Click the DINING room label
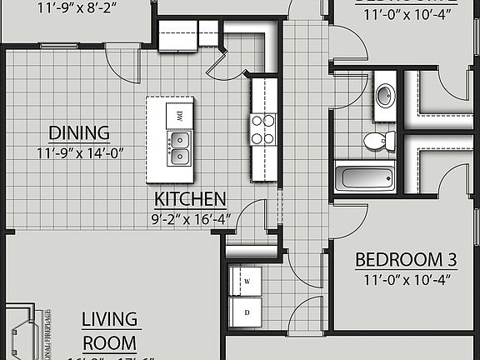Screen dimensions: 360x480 [79, 132]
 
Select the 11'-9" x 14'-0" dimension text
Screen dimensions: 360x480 [79, 152]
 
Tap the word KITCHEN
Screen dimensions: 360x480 [191, 199]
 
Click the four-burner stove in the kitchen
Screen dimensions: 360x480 [263, 130]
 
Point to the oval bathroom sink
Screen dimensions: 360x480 [385, 94]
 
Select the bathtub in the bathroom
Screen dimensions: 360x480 [364, 177]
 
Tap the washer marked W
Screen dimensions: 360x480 [246, 280]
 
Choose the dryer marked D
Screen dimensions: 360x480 [246, 313]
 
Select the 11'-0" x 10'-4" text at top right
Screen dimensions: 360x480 [403, 12]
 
